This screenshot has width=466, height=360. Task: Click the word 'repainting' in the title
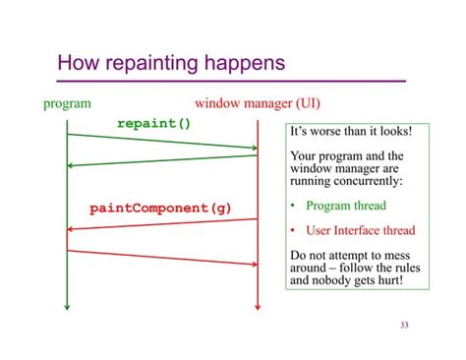(153, 65)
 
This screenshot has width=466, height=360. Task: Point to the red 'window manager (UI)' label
(257, 102)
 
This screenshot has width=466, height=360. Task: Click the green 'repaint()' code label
(153, 124)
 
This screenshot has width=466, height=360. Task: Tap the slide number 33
(404, 326)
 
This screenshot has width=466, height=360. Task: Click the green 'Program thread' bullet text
(345, 206)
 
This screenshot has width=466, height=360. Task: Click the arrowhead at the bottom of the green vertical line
(67, 306)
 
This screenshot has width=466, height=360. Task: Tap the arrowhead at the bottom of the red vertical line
(258, 306)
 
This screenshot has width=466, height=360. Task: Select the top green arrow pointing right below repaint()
(162, 142)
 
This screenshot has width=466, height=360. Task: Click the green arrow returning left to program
(162, 160)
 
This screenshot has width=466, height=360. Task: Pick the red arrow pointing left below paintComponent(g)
(162, 225)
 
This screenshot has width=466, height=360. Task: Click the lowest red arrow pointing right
(162, 257)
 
